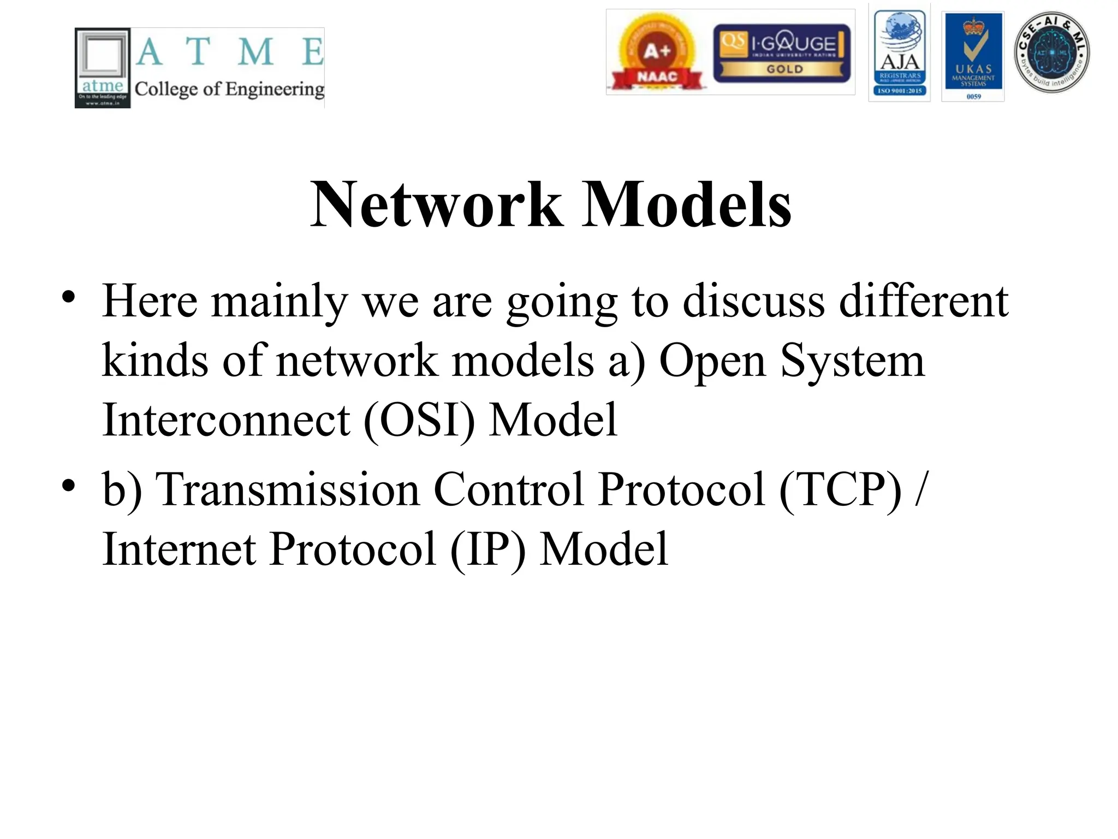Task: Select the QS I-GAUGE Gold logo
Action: pyautogui.click(x=782, y=54)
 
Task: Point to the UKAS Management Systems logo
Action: pyautogui.click(x=973, y=56)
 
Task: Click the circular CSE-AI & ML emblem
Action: pyautogui.click(x=1051, y=52)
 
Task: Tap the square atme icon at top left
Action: pyautogui.click(x=103, y=68)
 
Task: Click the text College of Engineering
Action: pyautogui.click(x=229, y=88)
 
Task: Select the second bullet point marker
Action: pyautogui.click(x=68, y=486)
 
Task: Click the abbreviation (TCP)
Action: pyautogui.click(x=840, y=489)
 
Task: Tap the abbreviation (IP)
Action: pyautogui.click(x=488, y=548)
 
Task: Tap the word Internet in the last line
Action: pyautogui.click(x=179, y=548)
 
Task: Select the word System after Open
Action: pyautogui.click(x=852, y=361)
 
